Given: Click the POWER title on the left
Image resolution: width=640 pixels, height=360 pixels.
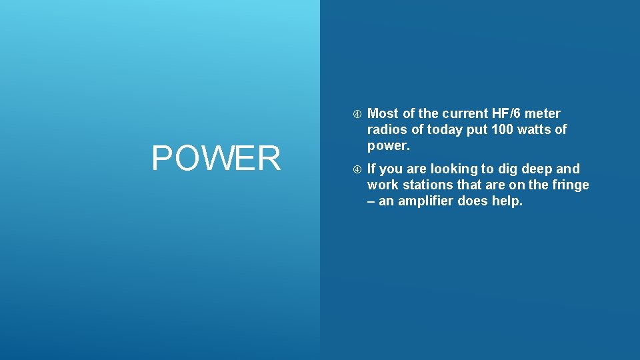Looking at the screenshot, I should point(216,159).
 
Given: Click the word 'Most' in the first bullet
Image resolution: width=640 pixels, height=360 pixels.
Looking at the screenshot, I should point(383,113).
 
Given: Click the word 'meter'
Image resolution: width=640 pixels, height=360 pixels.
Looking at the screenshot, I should point(543,113).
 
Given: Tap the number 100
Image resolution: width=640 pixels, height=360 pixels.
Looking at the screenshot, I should point(502,129).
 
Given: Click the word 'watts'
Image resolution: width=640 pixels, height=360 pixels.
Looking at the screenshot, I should point(535,129).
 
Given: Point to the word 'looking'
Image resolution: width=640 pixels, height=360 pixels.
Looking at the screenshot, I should point(455,169).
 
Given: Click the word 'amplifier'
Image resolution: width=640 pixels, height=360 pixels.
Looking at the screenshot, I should point(425,201).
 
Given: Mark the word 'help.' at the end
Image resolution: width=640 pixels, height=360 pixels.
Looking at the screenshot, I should point(507,201).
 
